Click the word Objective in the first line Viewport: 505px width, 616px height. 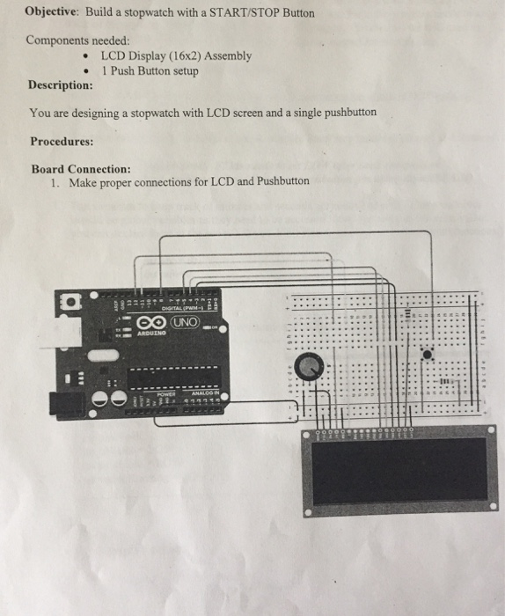coord(52,13)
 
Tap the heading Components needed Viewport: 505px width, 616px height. coord(78,40)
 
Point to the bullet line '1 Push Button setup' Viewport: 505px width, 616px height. coord(150,70)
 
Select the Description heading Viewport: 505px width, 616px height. coord(60,85)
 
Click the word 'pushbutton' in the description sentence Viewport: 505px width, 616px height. coord(345,113)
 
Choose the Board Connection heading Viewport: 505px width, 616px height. coord(81,168)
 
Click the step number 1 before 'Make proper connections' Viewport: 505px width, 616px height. coord(55,182)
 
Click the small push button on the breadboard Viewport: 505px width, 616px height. coord(428,354)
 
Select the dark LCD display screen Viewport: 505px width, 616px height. coord(399,470)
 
